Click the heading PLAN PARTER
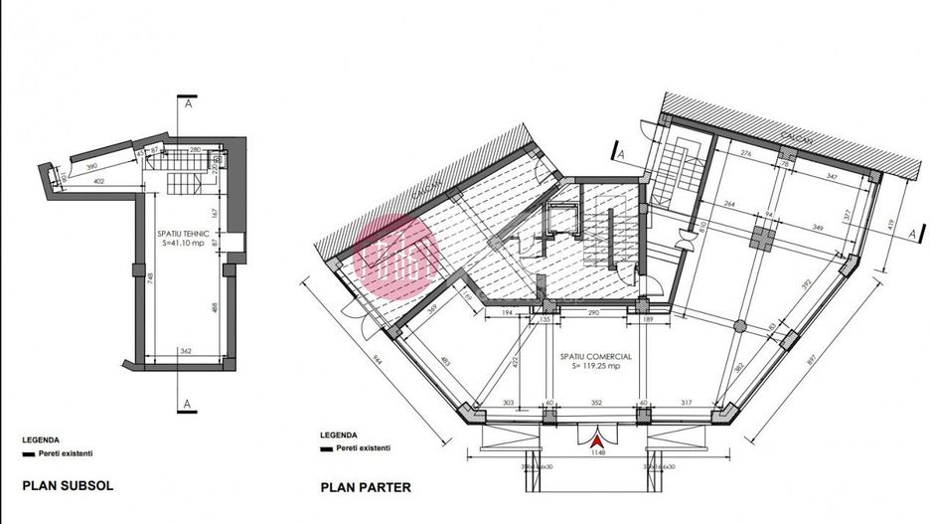point(365,488)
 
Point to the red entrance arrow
point(596,437)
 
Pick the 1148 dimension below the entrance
point(596,453)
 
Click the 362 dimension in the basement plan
point(186,351)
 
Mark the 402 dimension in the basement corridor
point(99,180)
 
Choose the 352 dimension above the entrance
point(596,403)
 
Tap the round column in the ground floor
point(738,327)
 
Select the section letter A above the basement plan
point(186,101)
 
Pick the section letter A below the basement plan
point(186,405)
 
